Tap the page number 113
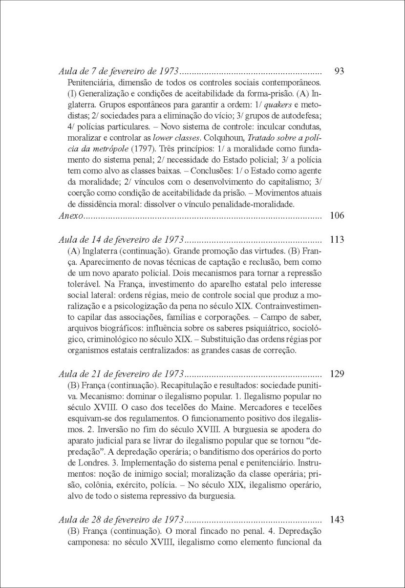338,240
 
